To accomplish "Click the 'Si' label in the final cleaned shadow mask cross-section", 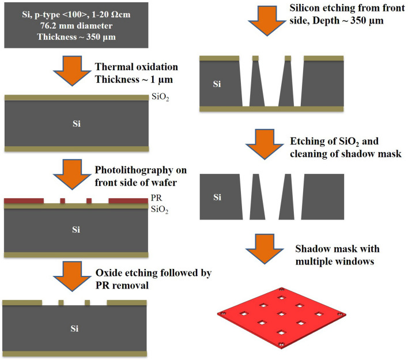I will coord(217,198).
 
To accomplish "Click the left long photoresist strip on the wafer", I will coord(24,200).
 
